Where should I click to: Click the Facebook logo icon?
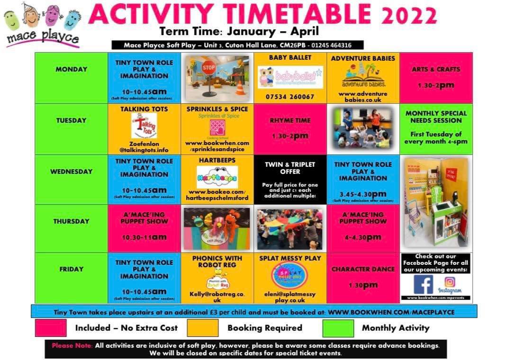point(423,284)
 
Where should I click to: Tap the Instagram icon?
point(450,282)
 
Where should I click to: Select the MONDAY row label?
point(72,69)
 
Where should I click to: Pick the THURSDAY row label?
point(72,221)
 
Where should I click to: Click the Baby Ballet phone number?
point(290,97)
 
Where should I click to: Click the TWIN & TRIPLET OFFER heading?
point(290,168)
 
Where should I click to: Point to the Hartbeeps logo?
point(217,177)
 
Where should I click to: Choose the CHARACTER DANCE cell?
point(363,269)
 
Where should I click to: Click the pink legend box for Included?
point(51,328)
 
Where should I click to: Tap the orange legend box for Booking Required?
point(202,328)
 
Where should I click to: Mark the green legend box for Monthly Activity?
point(338,328)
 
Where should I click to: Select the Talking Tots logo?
point(144,126)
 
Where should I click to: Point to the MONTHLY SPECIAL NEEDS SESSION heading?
point(436,117)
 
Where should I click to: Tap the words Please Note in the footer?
point(72,345)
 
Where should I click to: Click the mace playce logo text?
point(42,37)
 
